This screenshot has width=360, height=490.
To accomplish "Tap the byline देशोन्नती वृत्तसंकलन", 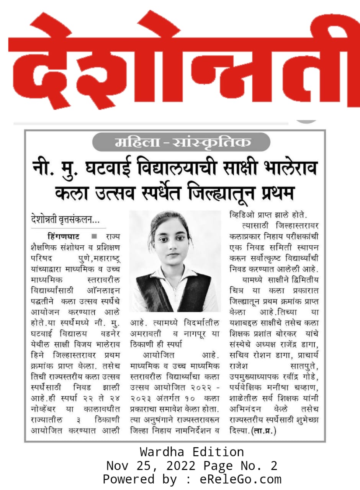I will pyautogui.click(x=65, y=220).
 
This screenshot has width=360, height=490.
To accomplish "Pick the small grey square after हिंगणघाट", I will pyautogui.click(x=94, y=235).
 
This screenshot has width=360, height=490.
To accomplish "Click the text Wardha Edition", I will pyautogui.click(x=191, y=452).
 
